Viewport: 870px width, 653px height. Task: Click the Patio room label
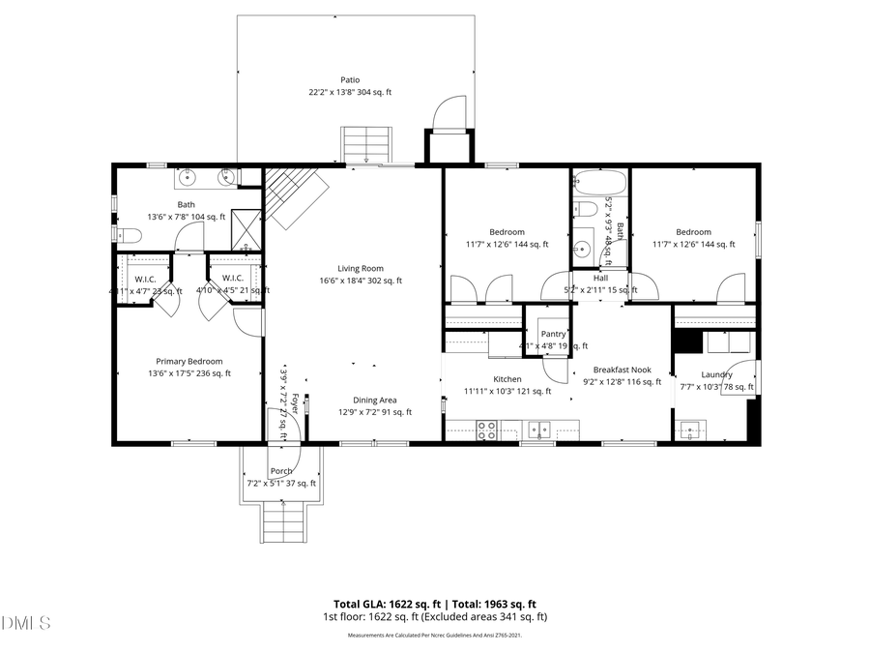click(349, 80)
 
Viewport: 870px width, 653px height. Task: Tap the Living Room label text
click(361, 269)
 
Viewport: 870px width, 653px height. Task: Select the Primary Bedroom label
click(189, 362)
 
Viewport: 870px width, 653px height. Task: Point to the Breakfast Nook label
click(622, 370)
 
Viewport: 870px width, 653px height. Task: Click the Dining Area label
click(374, 401)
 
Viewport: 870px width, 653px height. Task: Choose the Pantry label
click(553, 334)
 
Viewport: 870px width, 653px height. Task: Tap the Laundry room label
click(716, 374)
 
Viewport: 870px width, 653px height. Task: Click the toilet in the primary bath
click(123, 234)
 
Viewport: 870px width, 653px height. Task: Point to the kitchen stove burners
click(487, 430)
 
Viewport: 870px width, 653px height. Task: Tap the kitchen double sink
click(541, 430)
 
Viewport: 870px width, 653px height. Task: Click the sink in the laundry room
click(692, 429)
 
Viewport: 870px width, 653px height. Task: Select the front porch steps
click(282, 523)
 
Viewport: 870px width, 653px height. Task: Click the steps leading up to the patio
click(367, 145)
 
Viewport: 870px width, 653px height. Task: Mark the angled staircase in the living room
click(293, 195)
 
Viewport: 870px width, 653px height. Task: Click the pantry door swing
click(556, 367)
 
